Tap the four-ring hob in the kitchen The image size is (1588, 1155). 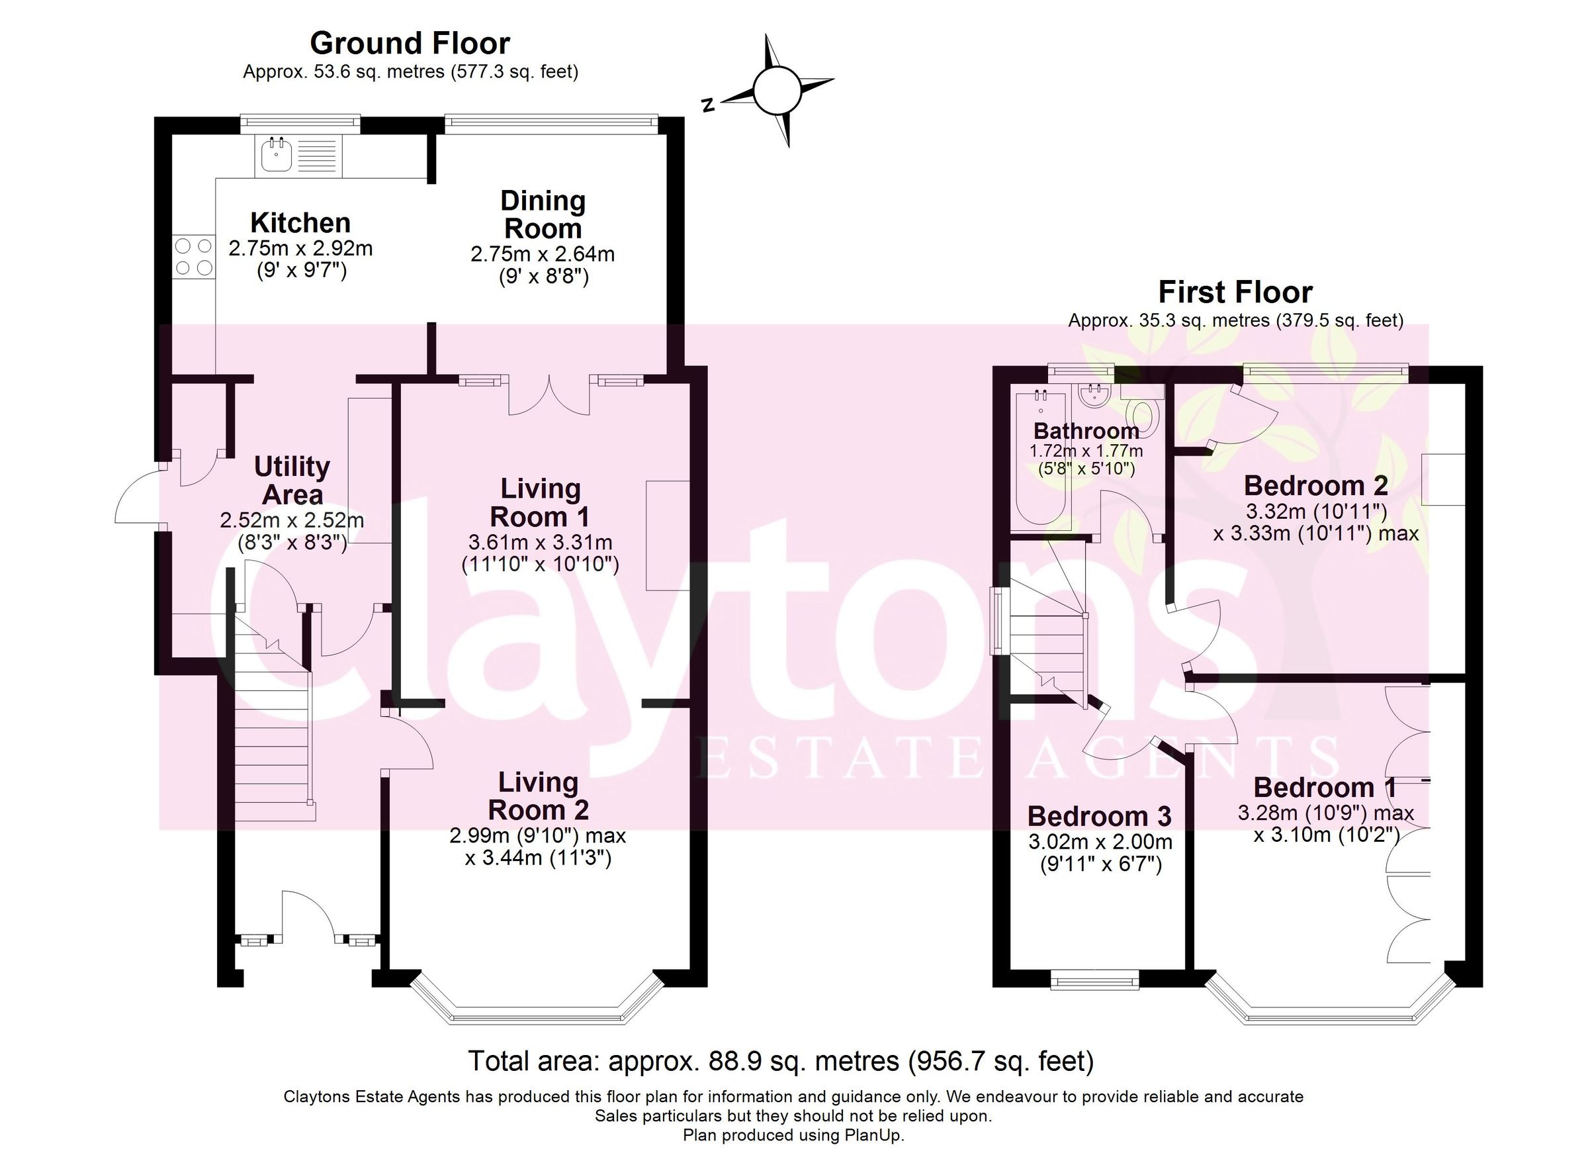coord(193,256)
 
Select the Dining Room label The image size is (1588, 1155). coord(543,214)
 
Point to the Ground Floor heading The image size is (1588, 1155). coord(410,44)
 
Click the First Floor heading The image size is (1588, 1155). coord(1235,292)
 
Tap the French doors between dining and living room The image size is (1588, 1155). coord(550,396)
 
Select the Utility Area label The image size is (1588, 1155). coord(292,481)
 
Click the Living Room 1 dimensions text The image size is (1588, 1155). coord(540,553)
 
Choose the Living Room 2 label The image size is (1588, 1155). coord(538,796)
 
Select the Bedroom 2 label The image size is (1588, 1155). coord(1315,485)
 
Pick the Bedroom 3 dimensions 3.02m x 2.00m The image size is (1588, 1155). coord(1100,841)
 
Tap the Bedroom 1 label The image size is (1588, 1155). coord(1325,788)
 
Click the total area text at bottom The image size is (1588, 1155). coord(781,1060)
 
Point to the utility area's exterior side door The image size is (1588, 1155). coord(139,497)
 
